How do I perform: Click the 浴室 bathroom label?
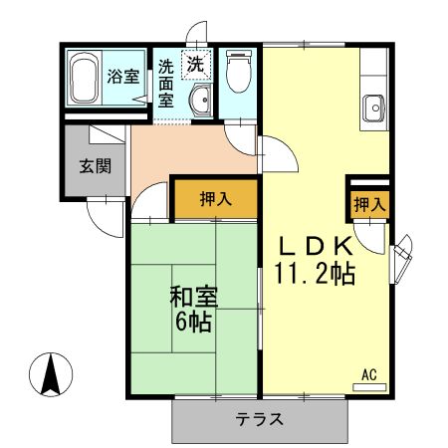tap(122, 77)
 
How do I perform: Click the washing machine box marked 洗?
tap(197, 63)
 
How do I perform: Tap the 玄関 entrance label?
tap(95, 165)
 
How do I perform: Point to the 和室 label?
tap(193, 297)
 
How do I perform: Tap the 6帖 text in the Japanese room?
tap(193, 323)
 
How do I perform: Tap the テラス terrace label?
tap(261, 419)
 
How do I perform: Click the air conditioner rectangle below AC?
tap(367, 386)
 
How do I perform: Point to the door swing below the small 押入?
tap(369, 237)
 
